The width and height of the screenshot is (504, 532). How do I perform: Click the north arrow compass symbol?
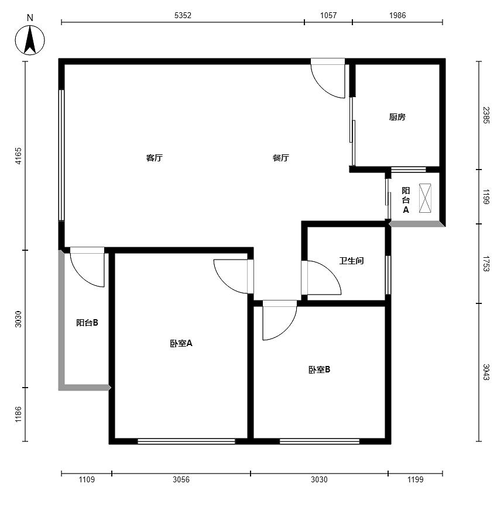[30, 40]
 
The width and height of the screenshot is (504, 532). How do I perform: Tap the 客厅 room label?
[155, 158]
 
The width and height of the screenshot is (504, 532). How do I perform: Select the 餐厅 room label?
[281, 158]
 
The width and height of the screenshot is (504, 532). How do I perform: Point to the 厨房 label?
[397, 117]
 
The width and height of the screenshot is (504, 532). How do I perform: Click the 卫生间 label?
[351, 261]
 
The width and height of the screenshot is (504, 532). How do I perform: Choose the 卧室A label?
[181, 343]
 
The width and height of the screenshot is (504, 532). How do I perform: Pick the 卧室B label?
[319, 369]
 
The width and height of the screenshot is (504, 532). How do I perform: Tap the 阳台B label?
[87, 323]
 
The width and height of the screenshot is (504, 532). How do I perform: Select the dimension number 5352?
[183, 15]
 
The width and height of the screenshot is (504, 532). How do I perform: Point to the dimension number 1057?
[328, 15]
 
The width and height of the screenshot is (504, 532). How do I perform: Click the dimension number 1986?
[397, 15]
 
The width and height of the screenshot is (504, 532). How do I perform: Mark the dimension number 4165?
[18, 156]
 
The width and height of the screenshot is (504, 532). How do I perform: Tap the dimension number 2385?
[486, 115]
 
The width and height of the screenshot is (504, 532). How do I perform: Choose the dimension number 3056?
[181, 479]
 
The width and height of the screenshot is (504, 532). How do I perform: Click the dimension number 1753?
[486, 264]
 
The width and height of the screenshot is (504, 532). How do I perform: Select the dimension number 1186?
[18, 414]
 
